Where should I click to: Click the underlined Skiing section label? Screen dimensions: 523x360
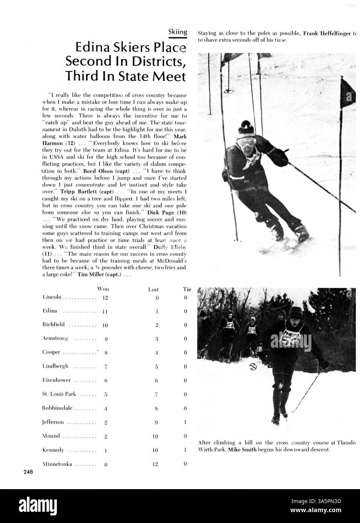177,32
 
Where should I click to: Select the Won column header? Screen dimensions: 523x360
103,289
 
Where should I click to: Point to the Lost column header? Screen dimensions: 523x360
153,289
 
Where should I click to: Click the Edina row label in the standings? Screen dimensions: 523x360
50,311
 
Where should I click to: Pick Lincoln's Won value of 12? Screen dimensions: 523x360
105,298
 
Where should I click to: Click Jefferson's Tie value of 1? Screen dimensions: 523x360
186,423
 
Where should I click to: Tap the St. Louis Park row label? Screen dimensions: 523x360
59,394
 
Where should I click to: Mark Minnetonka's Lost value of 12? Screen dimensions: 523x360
155,464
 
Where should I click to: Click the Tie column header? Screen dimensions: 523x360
187,289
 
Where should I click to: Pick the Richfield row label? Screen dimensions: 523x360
53,324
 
